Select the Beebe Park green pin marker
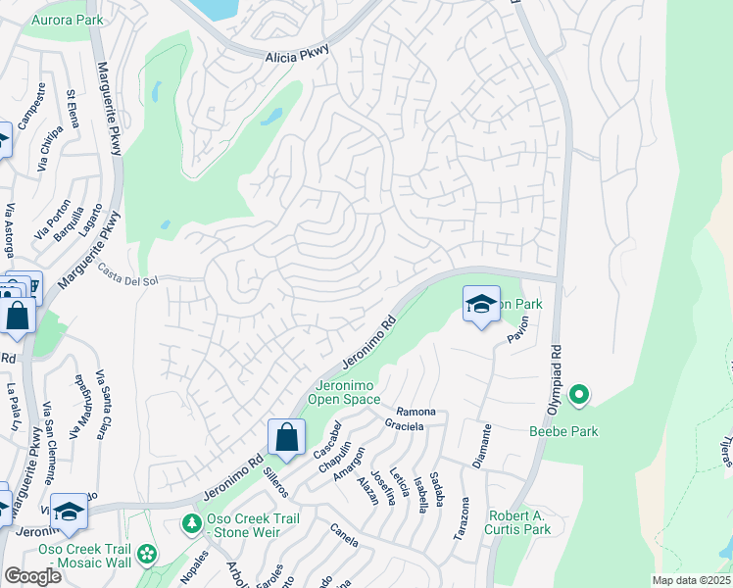tap(579, 395)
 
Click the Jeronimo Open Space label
tap(344, 391)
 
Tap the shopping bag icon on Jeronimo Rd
tap(286, 436)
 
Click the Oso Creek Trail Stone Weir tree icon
tap(192, 525)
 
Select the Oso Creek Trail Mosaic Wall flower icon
tap(147, 555)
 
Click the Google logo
tap(32, 575)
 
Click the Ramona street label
tap(415, 412)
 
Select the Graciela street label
tap(405, 427)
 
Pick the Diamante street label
tap(481, 446)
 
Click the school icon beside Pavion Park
tap(481, 305)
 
